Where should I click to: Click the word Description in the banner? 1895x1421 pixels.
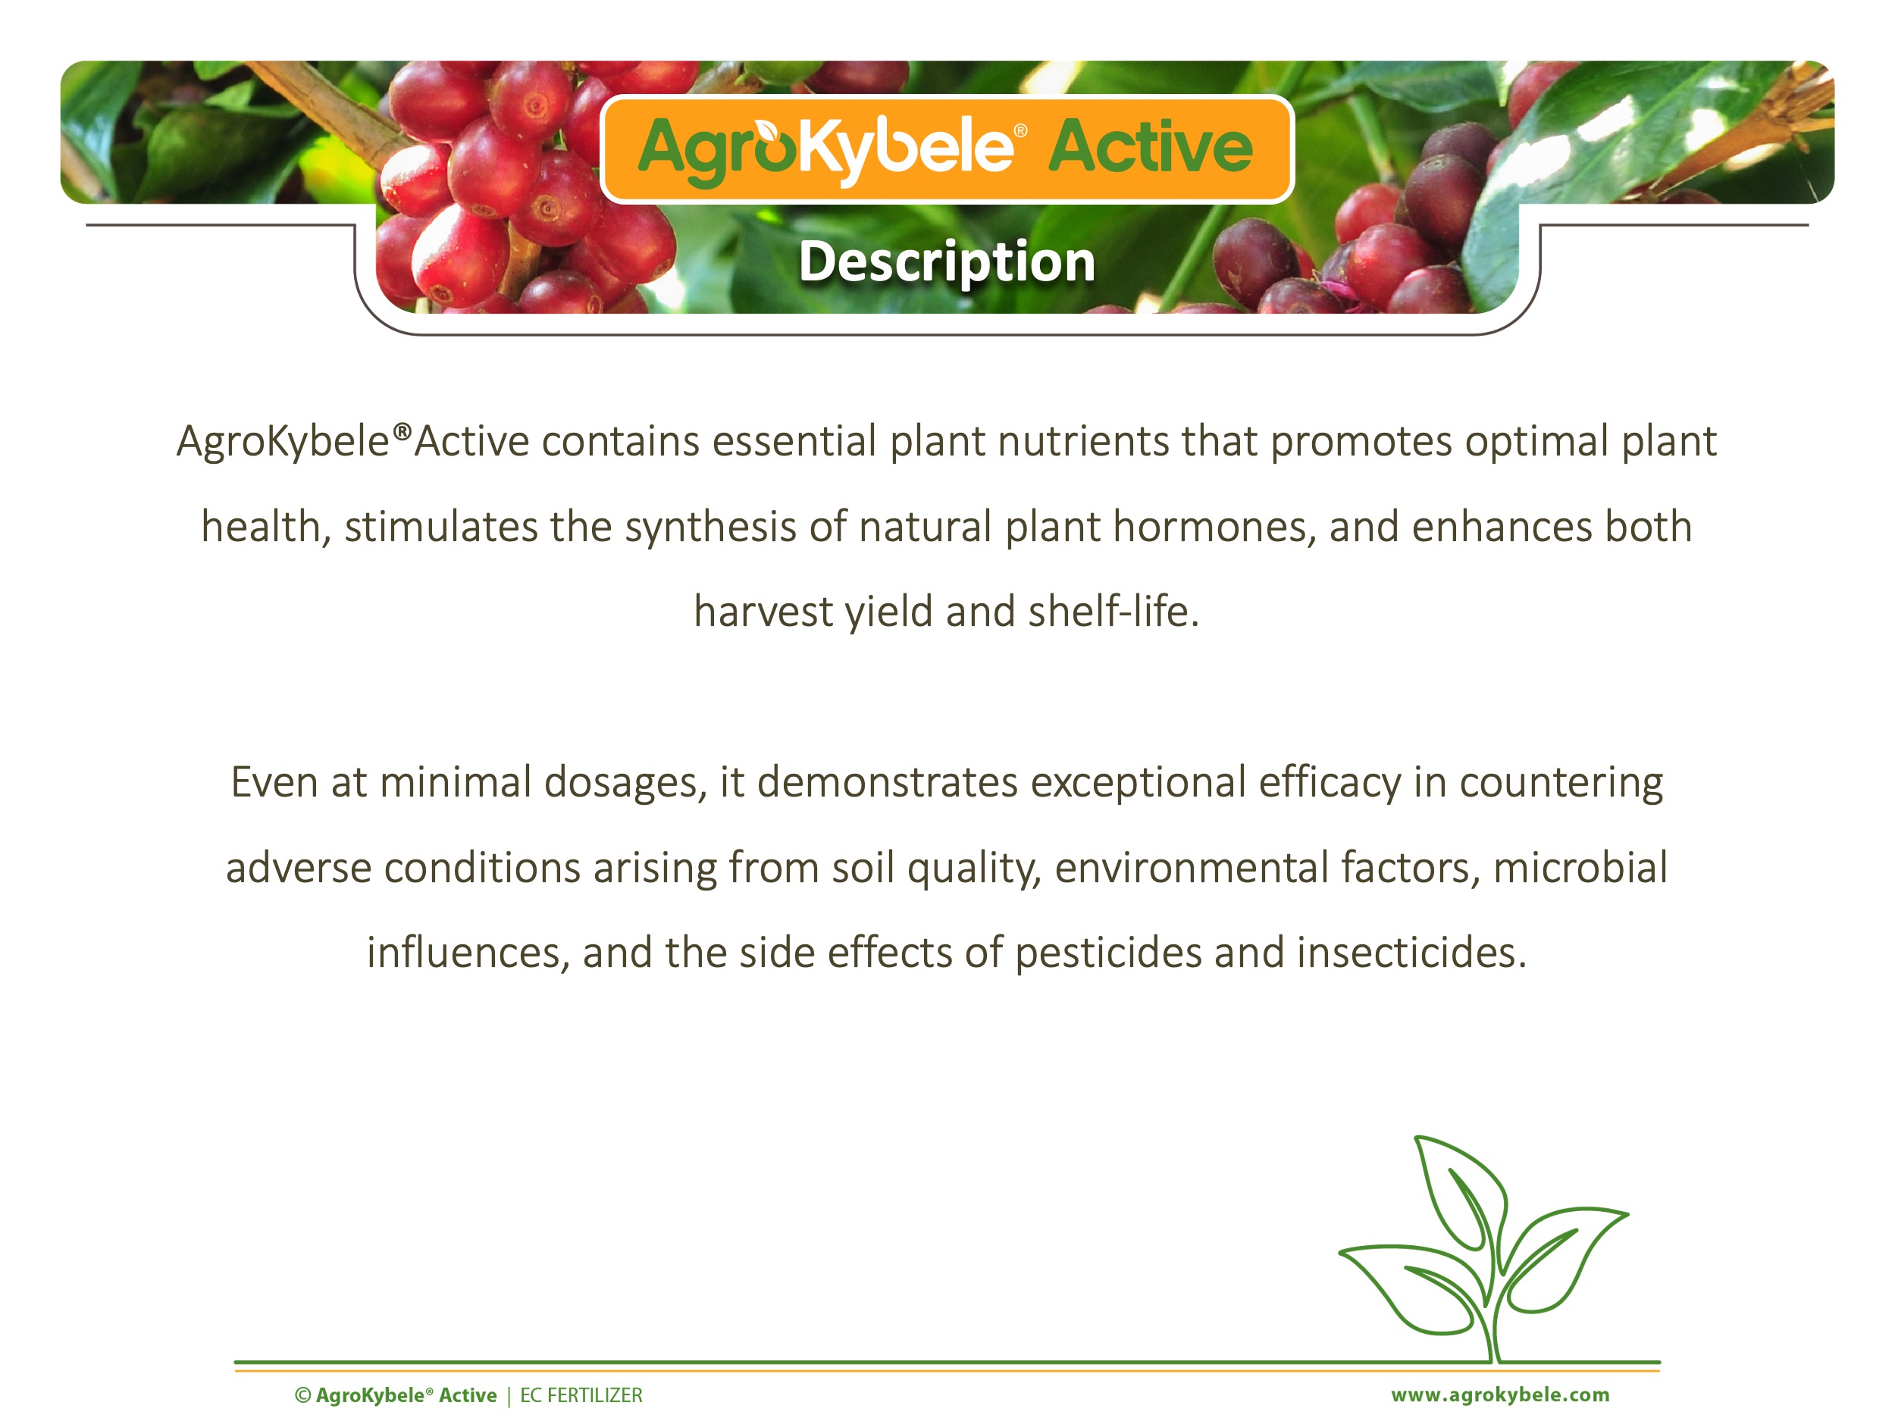coord(947,262)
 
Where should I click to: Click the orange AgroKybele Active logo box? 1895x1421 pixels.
coord(947,149)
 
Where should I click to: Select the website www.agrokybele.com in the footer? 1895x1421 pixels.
coord(1500,1395)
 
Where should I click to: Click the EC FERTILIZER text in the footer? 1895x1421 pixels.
coord(581,1395)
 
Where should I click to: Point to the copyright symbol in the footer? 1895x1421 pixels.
coord(302,1395)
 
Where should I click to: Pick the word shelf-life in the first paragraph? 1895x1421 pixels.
coord(1114,611)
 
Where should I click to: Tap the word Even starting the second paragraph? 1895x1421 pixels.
coord(274,782)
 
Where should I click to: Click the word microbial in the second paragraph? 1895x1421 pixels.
coord(1580,867)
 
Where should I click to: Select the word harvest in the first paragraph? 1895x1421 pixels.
coord(763,612)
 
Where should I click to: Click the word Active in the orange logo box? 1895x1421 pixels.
coord(1151,146)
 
